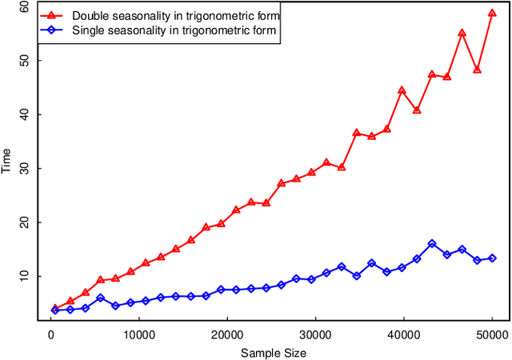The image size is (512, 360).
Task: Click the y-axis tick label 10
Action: [23, 276]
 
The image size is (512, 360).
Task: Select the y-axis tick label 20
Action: [23, 222]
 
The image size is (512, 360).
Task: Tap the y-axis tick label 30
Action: [23, 169]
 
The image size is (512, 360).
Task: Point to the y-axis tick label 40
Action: [23, 114]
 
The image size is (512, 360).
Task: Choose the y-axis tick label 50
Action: [23, 61]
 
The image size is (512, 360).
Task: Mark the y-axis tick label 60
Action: [23, 7]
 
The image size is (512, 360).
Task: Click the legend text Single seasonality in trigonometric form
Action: [174, 31]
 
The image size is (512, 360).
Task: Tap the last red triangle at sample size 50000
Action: [492, 14]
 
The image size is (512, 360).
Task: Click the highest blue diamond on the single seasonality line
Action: [432, 244]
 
